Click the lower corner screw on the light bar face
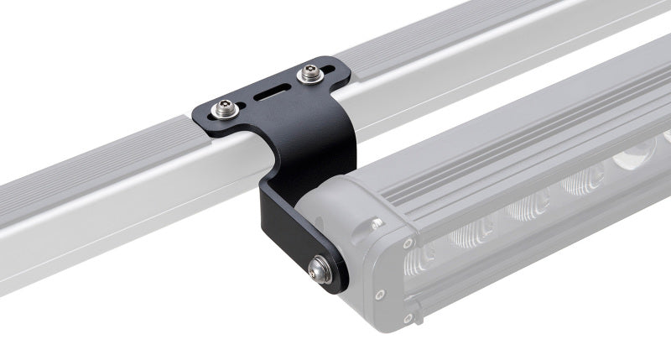(x=408, y=317)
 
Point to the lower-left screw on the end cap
(x=380, y=294)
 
